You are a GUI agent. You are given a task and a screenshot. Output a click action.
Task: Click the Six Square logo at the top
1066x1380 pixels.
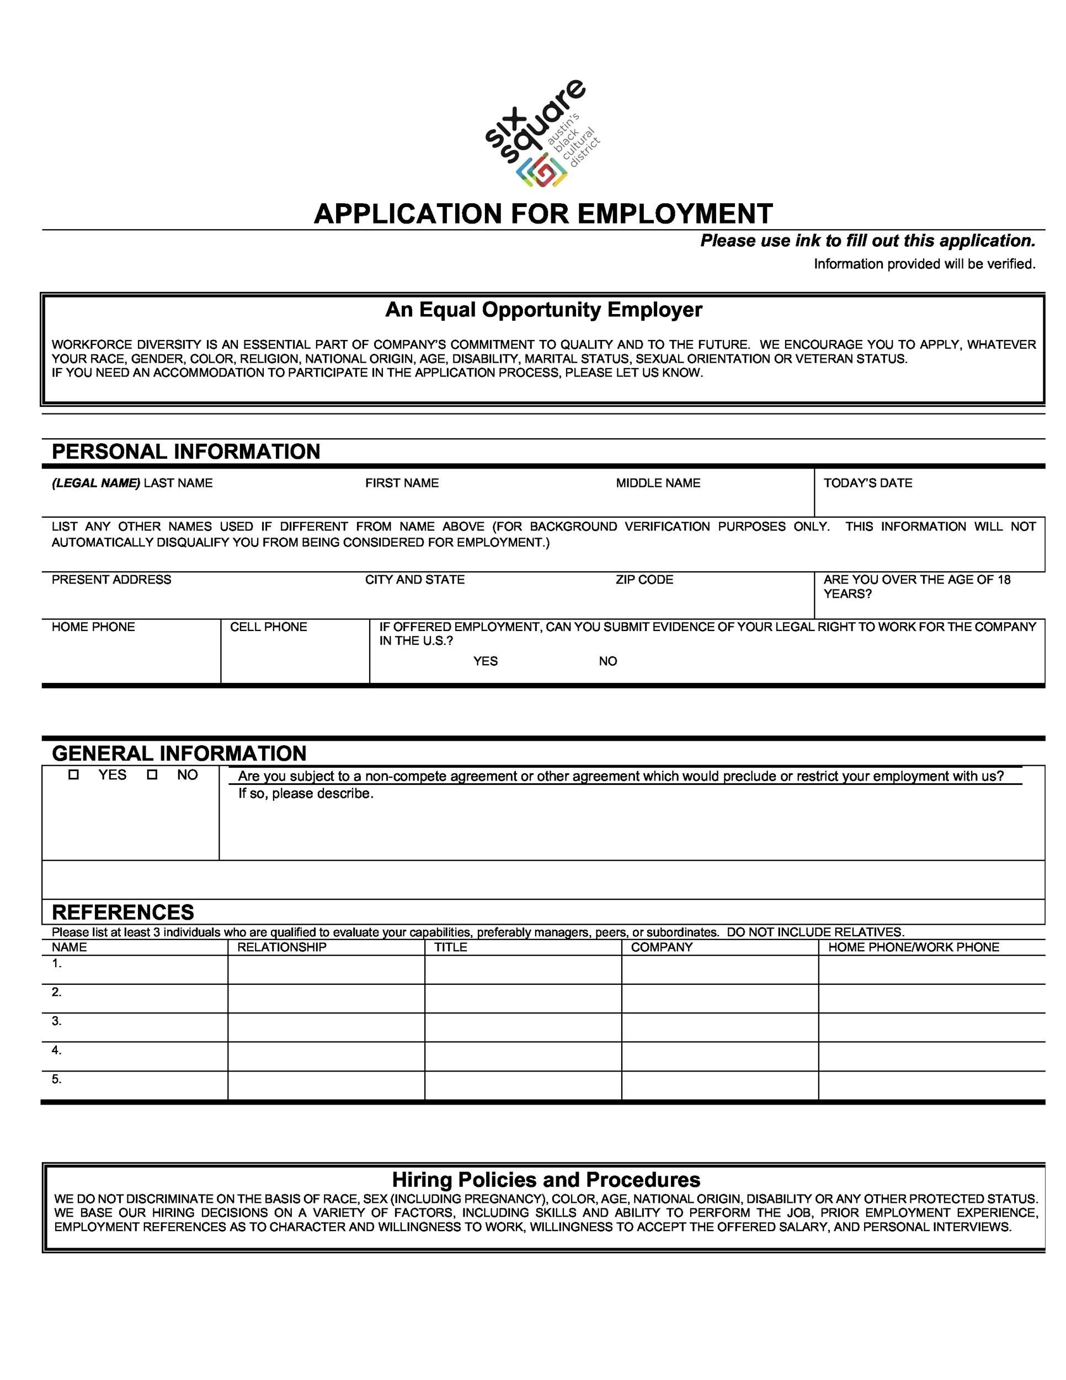click(x=542, y=134)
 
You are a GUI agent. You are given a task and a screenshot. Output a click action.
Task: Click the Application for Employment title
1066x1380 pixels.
click(x=543, y=214)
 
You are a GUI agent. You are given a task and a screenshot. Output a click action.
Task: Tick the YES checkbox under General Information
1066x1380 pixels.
click(x=74, y=774)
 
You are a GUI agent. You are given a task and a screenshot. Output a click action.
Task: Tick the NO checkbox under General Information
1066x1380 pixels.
click(x=152, y=774)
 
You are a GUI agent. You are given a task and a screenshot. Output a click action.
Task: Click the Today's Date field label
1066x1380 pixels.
click(x=868, y=484)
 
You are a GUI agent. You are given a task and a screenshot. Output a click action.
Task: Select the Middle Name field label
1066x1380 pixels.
click(x=658, y=484)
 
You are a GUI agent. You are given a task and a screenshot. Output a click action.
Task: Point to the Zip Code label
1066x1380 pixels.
click(x=644, y=580)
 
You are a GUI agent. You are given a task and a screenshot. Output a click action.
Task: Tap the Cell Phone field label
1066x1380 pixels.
click(x=268, y=627)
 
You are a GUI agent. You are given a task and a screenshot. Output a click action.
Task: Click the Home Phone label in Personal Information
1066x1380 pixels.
click(x=93, y=627)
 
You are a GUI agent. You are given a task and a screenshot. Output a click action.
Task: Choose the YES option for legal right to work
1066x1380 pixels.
click(x=485, y=661)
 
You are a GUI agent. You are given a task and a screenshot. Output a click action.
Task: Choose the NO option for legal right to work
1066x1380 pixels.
click(x=607, y=661)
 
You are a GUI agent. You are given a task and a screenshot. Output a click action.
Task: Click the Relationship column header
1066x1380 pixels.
click(x=281, y=947)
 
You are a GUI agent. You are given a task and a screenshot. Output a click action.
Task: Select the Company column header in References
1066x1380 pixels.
click(x=661, y=947)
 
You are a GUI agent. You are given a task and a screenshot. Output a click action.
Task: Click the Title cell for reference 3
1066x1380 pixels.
click(x=523, y=1027)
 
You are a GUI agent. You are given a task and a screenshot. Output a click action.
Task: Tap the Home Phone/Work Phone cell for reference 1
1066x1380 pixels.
click(x=931, y=969)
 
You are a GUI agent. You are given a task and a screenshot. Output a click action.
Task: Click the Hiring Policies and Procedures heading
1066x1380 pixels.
click(x=546, y=1180)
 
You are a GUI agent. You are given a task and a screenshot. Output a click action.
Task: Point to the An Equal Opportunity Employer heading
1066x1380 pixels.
click(x=543, y=310)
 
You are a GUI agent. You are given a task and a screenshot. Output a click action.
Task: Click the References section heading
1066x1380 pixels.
click(x=123, y=912)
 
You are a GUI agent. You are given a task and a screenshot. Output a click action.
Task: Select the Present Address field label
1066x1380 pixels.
click(x=111, y=580)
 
